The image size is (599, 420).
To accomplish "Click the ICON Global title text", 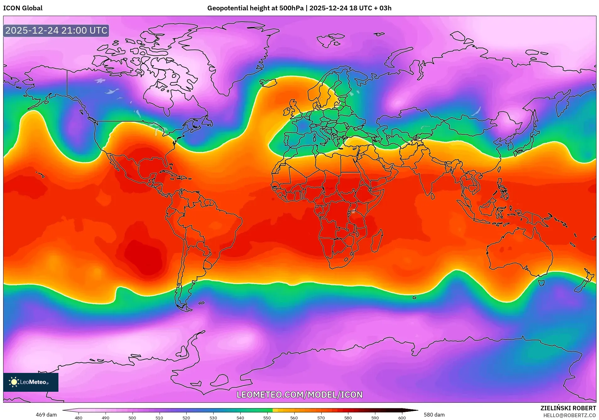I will [x=23, y=8].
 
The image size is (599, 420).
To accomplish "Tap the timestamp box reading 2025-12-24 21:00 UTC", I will [x=56, y=30].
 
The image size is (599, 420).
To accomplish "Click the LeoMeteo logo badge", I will [x=31, y=382].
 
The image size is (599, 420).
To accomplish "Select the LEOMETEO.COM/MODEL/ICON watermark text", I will [x=299, y=395].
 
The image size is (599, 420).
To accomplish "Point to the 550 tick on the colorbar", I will [x=267, y=418].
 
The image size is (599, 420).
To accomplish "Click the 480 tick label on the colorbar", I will [x=79, y=418].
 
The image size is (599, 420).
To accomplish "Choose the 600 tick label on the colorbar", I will [x=402, y=418].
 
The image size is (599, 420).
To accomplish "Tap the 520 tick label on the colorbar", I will [x=186, y=418].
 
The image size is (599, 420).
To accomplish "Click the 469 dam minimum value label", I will [x=46, y=415].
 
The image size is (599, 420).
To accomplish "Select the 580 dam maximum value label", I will [x=434, y=415].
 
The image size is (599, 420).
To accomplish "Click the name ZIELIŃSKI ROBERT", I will [x=568, y=408].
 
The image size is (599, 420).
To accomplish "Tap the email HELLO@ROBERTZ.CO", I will [x=569, y=415].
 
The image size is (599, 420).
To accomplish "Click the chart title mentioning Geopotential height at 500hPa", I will [x=299, y=8].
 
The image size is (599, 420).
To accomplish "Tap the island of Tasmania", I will [x=541, y=283].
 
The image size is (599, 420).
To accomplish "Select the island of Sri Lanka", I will [x=433, y=196].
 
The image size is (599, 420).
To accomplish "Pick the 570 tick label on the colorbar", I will [x=321, y=418].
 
